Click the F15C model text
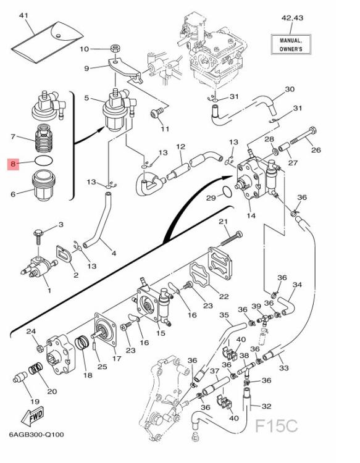(x=276, y=426)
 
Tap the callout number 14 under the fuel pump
(x=251, y=215)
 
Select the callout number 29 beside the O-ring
(x=211, y=198)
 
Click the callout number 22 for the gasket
(x=224, y=297)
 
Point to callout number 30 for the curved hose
(x=290, y=90)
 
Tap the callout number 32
(x=266, y=406)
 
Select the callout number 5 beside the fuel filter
(x=87, y=98)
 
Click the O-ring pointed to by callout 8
(x=42, y=161)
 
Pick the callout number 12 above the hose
(x=180, y=147)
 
